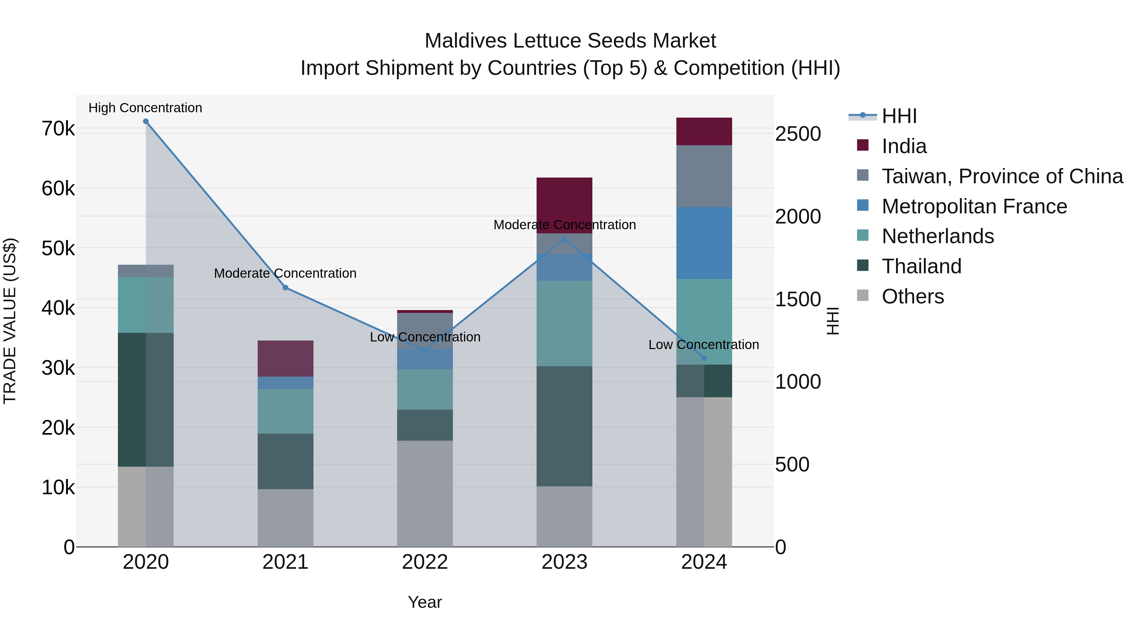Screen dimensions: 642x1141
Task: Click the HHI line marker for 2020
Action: click(x=146, y=121)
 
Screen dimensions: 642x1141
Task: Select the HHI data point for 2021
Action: click(x=286, y=288)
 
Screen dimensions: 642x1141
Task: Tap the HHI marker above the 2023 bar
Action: click(x=564, y=239)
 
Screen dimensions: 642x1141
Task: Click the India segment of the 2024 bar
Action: click(x=704, y=132)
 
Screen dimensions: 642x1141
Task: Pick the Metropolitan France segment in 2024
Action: click(x=704, y=243)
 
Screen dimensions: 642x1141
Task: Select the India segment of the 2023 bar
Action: click(x=564, y=205)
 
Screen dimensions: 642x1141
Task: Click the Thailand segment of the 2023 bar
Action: click(x=564, y=426)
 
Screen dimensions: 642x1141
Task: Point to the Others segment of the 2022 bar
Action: click(x=425, y=493)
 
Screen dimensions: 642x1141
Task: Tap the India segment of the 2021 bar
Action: click(x=286, y=359)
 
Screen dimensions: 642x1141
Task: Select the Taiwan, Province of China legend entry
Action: click(x=1002, y=176)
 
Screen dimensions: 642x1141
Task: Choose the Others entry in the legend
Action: click(x=912, y=296)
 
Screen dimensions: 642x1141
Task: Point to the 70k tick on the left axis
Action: click(x=58, y=129)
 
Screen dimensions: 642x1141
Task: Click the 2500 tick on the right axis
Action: click(x=798, y=134)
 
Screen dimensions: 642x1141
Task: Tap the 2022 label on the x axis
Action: click(x=425, y=562)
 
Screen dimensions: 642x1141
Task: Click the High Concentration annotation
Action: click(x=145, y=108)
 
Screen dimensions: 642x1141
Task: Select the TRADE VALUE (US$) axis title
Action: click(x=10, y=321)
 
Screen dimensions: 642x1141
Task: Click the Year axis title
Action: click(x=425, y=602)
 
